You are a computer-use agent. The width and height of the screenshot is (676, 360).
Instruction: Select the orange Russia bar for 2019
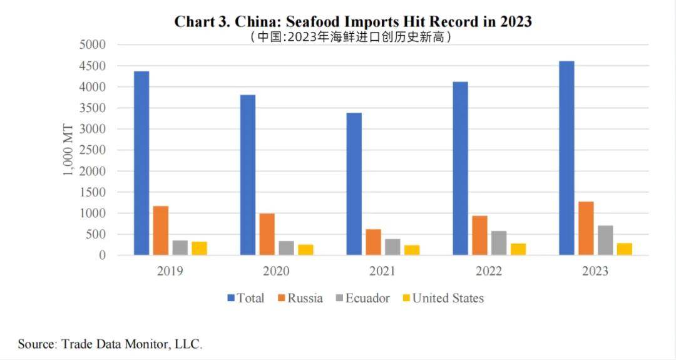(160, 230)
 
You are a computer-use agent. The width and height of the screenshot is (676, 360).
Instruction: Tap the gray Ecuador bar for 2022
(499, 243)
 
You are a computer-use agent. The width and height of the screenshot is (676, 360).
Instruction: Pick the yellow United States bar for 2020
(305, 250)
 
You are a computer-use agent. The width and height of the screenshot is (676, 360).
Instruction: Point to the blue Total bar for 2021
(354, 184)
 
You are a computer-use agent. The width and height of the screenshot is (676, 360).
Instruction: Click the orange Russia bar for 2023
(586, 229)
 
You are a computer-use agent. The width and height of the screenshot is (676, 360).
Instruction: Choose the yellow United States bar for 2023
(624, 249)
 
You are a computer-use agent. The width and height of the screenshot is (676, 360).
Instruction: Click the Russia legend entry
(300, 298)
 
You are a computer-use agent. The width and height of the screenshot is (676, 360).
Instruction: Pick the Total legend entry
(245, 298)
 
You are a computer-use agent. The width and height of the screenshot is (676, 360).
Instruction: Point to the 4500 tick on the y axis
(92, 66)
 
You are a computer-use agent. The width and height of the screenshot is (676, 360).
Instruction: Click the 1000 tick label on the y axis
(92, 213)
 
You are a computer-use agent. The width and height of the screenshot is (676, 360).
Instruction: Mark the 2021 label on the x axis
(382, 272)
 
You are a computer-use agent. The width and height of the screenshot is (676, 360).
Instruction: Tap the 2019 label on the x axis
(170, 272)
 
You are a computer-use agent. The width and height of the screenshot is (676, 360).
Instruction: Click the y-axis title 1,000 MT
(68, 150)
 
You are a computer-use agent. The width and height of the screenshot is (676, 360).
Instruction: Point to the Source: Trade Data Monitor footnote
(110, 344)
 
